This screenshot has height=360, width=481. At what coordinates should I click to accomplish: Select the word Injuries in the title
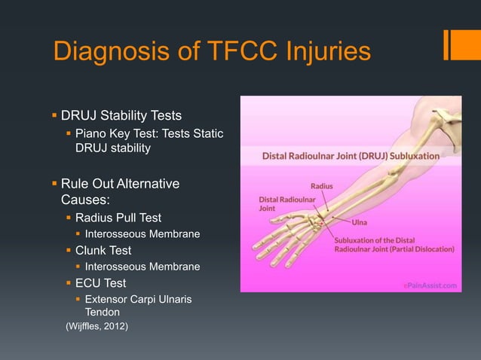(x=326, y=51)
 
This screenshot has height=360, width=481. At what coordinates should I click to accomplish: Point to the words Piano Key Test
(x=109, y=133)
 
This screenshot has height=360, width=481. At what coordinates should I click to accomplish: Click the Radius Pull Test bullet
(x=118, y=218)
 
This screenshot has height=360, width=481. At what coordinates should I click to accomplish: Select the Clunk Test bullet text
(x=103, y=250)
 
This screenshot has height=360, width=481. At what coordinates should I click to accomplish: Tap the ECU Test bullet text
(x=100, y=283)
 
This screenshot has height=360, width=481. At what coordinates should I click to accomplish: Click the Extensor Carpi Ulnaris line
(x=138, y=300)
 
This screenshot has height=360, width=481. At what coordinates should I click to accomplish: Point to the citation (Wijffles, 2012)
(x=97, y=326)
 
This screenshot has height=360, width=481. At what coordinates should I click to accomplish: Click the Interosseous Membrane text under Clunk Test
(x=142, y=267)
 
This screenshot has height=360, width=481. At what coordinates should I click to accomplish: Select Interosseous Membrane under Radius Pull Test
(x=142, y=234)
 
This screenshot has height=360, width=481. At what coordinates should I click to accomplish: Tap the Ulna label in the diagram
(x=360, y=222)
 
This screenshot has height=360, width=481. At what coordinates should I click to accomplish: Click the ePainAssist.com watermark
(x=430, y=285)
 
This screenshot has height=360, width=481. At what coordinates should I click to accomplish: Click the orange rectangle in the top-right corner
(x=458, y=44)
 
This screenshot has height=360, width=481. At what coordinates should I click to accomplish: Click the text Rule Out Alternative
(x=121, y=184)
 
